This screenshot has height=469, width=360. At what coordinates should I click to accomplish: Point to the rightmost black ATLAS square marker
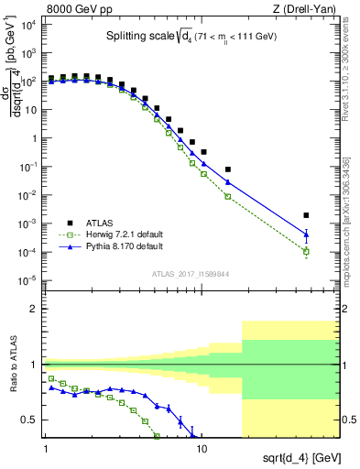[307, 215]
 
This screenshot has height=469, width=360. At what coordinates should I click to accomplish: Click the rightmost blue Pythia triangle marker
[307, 234]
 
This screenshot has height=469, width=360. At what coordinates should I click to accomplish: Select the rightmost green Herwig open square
[307, 251]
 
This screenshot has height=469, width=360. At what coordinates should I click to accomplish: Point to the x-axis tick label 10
[202, 450]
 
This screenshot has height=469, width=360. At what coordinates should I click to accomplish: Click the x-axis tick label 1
[45, 450]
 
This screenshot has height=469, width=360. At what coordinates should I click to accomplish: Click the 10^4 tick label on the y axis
[27, 25]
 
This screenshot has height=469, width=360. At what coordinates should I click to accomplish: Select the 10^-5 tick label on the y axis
[27, 280]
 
